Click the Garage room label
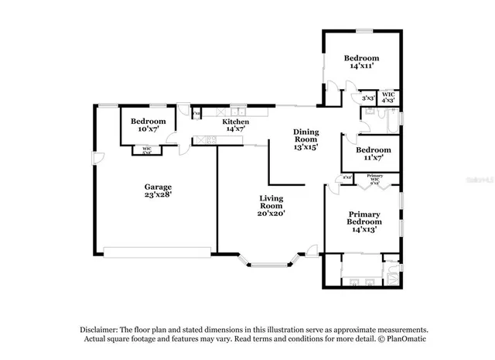coord(158,187)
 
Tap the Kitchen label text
coord(236,122)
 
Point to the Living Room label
coord(272,202)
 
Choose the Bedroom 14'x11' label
coord(361,59)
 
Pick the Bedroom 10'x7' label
coord(148,122)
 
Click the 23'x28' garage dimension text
coord(158,195)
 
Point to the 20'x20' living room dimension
coord(272,214)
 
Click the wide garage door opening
coord(158,250)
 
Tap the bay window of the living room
coord(270,262)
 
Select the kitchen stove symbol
coord(206,140)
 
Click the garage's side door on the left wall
coord(97,159)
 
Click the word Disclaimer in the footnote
coord(100,329)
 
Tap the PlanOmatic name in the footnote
coord(405,339)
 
